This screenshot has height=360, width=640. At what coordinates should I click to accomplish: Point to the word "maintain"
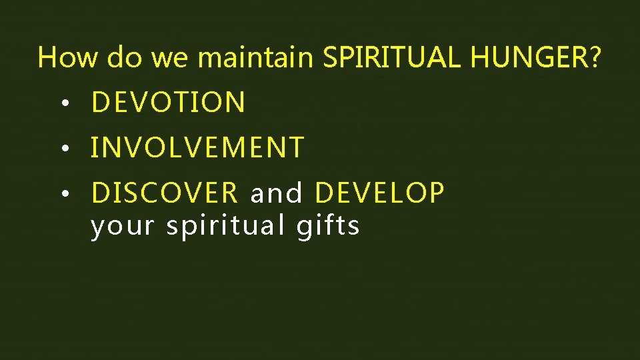point(255,58)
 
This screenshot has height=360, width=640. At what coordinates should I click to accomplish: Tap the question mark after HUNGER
point(594,58)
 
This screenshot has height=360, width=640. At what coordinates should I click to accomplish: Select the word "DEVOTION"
point(168,103)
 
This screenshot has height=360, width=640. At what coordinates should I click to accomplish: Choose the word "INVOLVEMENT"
point(197,148)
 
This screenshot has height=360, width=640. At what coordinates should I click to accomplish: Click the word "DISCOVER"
point(164,193)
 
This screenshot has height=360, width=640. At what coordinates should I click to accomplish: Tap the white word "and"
point(276,193)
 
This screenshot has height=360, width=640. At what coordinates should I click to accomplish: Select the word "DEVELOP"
point(379,193)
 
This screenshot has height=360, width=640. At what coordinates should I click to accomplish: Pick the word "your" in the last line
point(122,227)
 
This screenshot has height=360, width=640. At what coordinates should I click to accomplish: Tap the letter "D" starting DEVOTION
point(101,103)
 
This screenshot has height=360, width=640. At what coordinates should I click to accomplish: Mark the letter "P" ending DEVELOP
point(437,193)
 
